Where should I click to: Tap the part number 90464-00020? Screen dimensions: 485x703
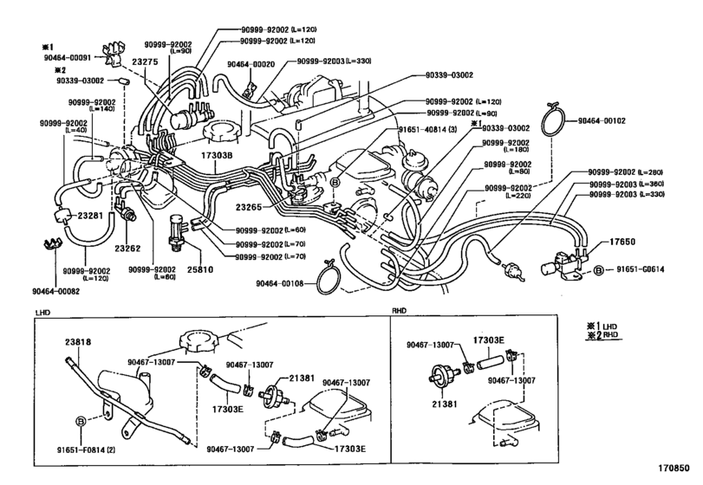click(x=251, y=63)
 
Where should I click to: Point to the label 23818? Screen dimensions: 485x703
click(x=77, y=340)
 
